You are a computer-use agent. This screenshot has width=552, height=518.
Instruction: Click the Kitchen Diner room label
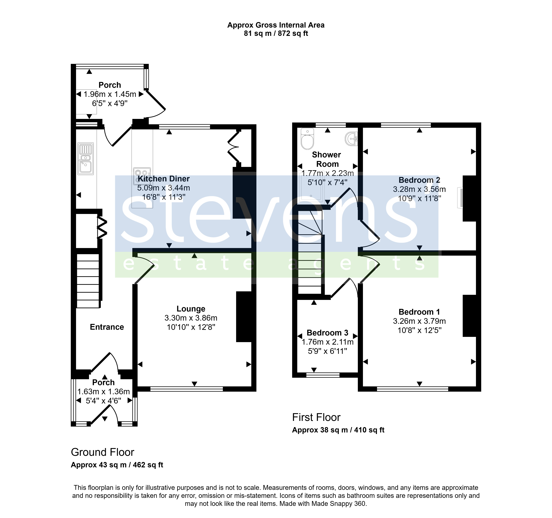164,179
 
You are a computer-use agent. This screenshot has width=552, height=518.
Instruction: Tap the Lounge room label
191,309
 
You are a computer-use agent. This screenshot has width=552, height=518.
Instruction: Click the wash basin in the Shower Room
351,139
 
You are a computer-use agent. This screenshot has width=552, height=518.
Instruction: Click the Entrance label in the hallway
107,327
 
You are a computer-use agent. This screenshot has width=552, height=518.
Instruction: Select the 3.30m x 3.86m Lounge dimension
191,318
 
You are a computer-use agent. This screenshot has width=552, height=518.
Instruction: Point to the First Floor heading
316,417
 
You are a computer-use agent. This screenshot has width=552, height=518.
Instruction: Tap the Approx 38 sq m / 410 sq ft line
338,430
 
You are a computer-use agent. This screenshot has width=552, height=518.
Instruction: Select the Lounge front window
187,389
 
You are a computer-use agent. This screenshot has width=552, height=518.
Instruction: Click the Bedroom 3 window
323,375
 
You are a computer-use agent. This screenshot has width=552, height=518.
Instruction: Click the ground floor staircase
88,281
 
